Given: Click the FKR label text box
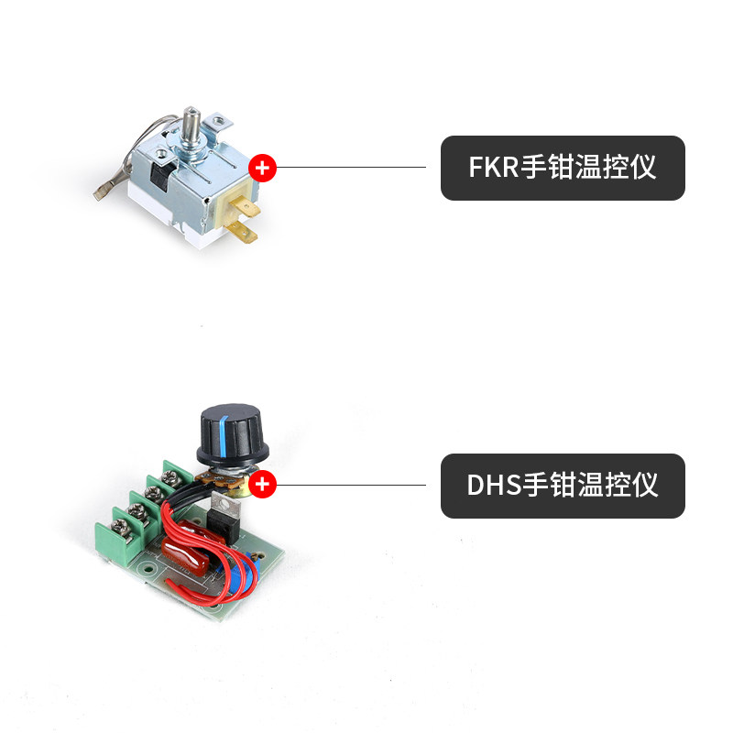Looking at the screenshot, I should [x=563, y=168].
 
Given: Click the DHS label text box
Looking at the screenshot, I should [x=563, y=486].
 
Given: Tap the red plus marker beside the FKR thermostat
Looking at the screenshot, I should [x=263, y=168].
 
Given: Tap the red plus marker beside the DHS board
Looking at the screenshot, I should [x=263, y=485].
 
